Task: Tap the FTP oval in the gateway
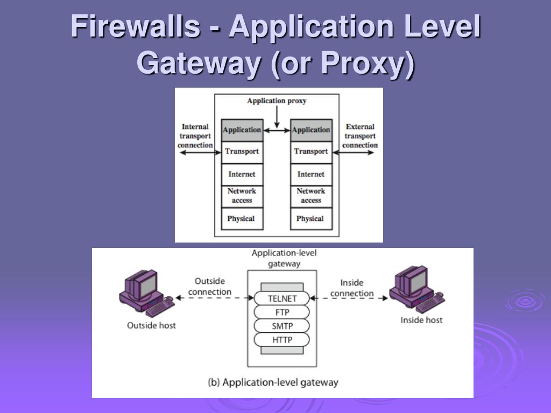282,312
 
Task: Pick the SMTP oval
282,326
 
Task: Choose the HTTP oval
282,340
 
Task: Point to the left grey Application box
242,130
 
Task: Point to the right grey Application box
311,130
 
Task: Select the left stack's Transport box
242,152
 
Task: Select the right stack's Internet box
311,174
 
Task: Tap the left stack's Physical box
242,219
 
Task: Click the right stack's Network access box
311,196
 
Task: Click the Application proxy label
277,101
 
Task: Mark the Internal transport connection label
195,136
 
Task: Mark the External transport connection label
360,136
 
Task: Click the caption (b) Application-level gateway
273,383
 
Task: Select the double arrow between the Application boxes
277,130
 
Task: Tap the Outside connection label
209,287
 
